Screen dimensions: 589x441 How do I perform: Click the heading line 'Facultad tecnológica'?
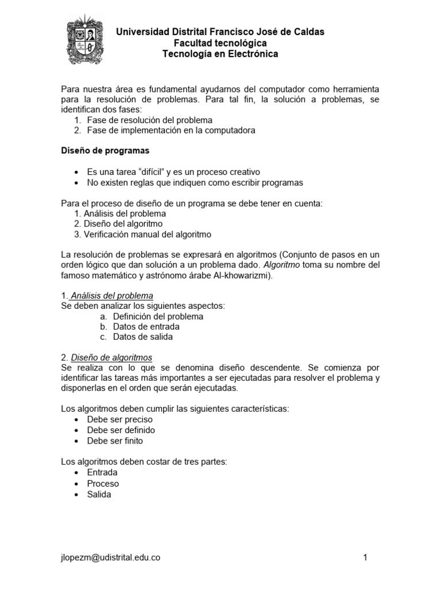[220, 43]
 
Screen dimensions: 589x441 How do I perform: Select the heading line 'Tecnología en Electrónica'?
[220, 54]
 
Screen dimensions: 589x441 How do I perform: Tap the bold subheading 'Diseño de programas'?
[105, 151]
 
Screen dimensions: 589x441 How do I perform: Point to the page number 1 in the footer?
[365, 557]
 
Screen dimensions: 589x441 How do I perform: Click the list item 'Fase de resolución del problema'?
[150, 120]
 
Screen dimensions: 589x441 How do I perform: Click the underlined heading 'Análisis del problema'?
[112, 295]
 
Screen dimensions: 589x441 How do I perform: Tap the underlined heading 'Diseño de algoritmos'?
[111, 357]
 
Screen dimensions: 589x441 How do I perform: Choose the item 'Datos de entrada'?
[146, 327]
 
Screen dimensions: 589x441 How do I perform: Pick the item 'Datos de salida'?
[143, 337]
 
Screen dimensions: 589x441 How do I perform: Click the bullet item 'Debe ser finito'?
[115, 441]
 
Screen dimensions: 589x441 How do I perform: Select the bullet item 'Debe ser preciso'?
[119, 419]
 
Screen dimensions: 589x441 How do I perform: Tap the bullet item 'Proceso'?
[103, 483]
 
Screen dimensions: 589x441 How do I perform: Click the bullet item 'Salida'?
[99, 494]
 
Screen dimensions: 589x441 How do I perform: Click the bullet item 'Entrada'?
[102, 472]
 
